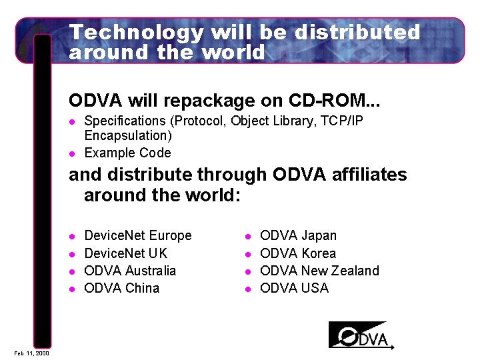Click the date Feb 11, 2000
[x=30, y=353]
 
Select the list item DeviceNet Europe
[x=138, y=235]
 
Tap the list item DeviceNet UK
[x=126, y=253]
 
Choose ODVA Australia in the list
[x=131, y=271]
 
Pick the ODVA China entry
[x=122, y=288]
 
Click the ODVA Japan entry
[x=298, y=235]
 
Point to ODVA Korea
[x=298, y=253]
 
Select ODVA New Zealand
[x=319, y=271]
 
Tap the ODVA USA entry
[x=294, y=288]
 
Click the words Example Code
[x=127, y=153]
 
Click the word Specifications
[x=125, y=121]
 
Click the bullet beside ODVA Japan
[x=247, y=236]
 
